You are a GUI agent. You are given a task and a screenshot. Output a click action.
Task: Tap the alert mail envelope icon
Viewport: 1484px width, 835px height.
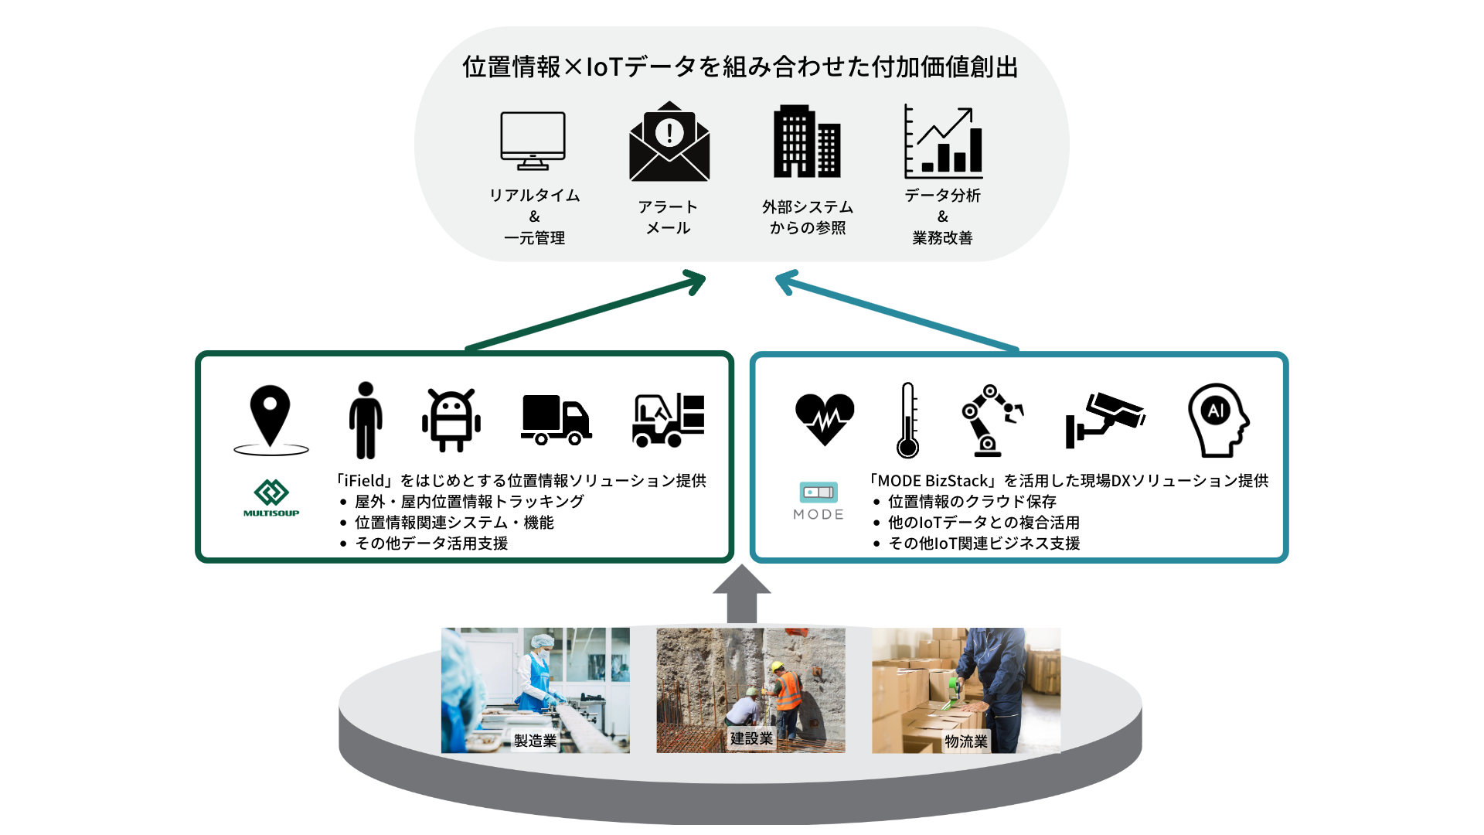(669, 142)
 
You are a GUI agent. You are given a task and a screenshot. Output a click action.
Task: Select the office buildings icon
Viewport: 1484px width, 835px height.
(807, 141)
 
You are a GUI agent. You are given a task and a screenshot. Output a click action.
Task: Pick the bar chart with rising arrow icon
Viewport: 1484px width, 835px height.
(943, 142)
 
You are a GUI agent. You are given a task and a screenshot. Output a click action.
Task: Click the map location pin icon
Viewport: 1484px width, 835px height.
(271, 418)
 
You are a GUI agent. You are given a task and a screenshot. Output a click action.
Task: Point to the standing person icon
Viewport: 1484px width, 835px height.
(366, 420)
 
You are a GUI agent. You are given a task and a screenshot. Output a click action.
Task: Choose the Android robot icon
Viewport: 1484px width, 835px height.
(451, 420)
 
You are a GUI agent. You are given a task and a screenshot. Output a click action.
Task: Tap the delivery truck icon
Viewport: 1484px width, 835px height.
(556, 420)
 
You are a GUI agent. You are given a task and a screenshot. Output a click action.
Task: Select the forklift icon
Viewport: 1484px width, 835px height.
(669, 420)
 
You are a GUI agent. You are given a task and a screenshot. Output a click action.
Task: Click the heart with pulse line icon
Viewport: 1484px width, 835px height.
(825, 418)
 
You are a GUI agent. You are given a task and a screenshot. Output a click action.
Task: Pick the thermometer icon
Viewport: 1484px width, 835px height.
(908, 420)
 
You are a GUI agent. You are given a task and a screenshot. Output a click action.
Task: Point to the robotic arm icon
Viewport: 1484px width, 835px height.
(992, 420)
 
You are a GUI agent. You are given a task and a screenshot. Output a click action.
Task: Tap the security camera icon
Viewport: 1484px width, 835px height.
(1104, 417)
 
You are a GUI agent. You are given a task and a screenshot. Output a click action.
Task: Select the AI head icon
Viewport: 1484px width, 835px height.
(1218, 420)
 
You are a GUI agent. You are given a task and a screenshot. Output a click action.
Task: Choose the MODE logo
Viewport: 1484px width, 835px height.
(819, 501)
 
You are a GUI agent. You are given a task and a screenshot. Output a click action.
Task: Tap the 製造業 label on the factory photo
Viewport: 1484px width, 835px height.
(535, 741)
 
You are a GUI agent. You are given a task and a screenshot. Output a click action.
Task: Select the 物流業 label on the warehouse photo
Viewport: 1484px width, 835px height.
(966, 741)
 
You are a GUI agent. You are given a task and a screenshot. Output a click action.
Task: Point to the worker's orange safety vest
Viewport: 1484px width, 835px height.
(788, 691)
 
